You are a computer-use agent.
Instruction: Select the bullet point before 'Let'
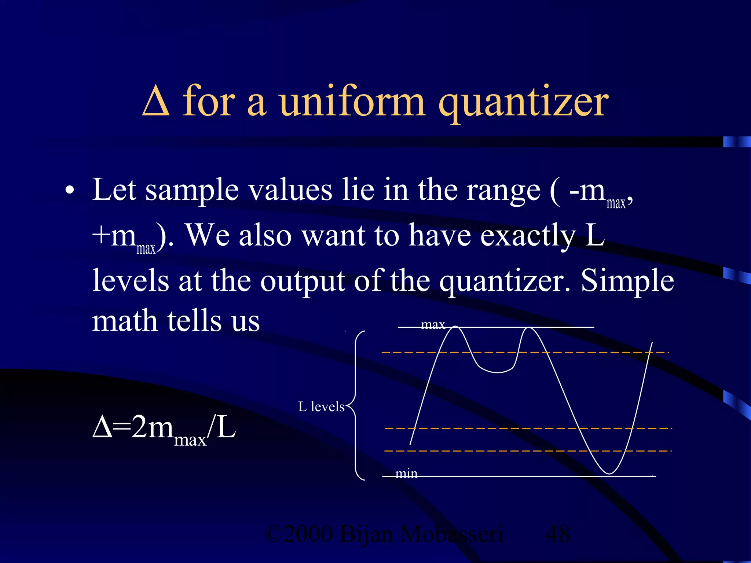point(70,191)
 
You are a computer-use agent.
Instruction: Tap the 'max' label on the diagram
point(433,325)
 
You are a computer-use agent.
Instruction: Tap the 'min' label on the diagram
point(406,474)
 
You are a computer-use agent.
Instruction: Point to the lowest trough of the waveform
point(609,473)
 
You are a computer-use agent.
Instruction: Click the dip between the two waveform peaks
point(497,372)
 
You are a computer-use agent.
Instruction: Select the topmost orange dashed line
point(524,352)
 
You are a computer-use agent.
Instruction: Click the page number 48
point(557,534)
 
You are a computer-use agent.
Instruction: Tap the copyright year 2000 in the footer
point(308,534)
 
